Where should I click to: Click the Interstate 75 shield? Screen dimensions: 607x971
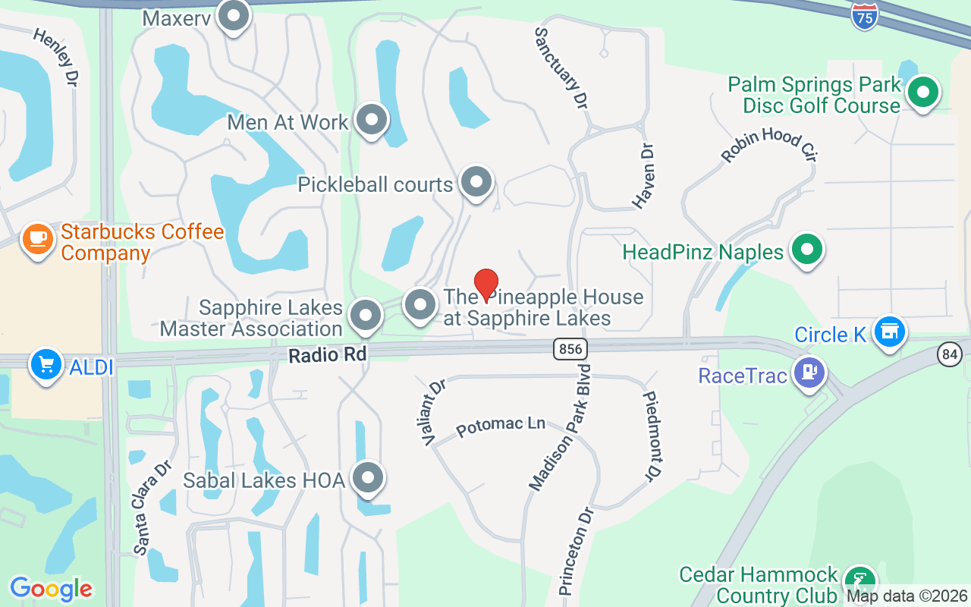(865, 17)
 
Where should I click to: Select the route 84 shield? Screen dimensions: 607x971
(949, 354)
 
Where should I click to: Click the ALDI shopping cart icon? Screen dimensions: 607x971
(46, 365)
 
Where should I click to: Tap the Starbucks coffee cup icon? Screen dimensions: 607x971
(37, 239)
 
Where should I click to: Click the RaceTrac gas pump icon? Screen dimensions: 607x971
(809, 372)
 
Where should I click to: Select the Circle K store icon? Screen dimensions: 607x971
(889, 332)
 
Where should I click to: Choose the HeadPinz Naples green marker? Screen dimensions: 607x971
(807, 249)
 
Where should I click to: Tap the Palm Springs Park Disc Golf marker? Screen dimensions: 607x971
(923, 93)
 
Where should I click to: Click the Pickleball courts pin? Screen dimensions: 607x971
(476, 182)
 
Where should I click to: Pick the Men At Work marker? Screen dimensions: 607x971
(371, 119)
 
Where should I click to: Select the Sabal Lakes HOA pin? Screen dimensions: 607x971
(369, 478)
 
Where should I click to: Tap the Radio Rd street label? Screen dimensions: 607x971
(328, 354)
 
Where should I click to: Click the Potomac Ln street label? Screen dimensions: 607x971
(501, 426)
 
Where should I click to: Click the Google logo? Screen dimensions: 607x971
(51, 589)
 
